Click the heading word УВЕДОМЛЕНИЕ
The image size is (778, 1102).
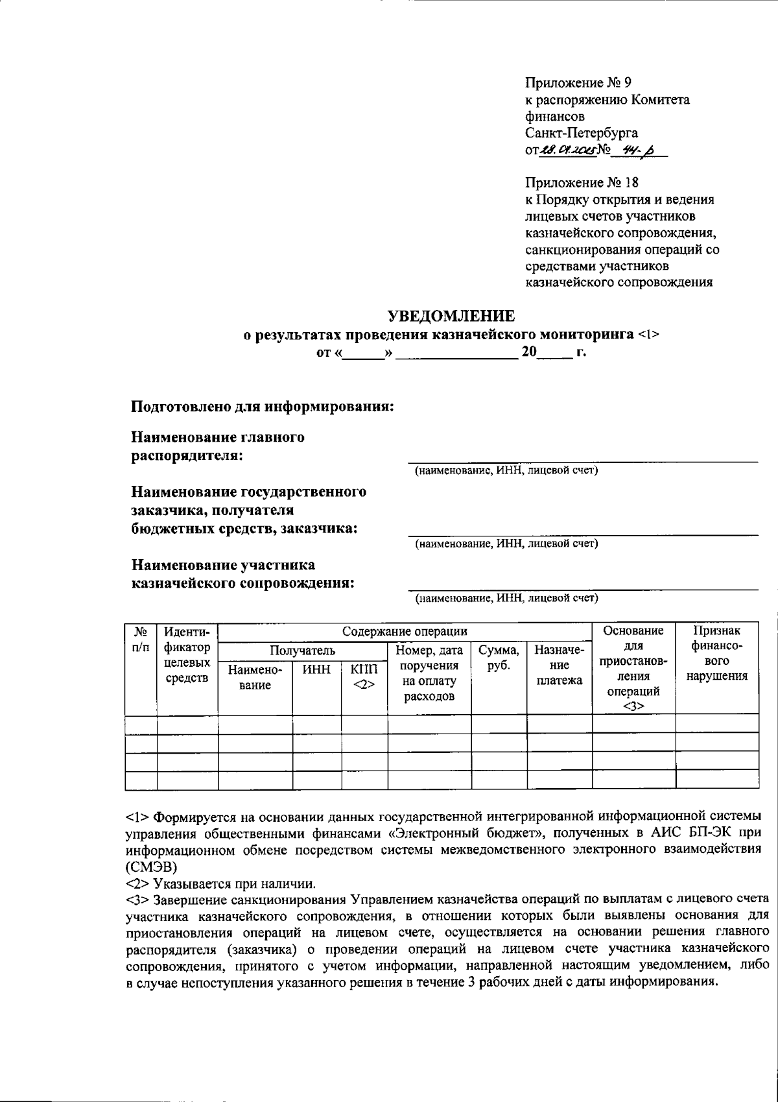[451, 316]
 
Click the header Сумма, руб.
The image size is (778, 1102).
[498, 658]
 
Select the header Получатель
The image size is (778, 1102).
[302, 650]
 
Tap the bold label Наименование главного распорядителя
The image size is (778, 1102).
[218, 446]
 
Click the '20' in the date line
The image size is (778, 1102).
[529, 353]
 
